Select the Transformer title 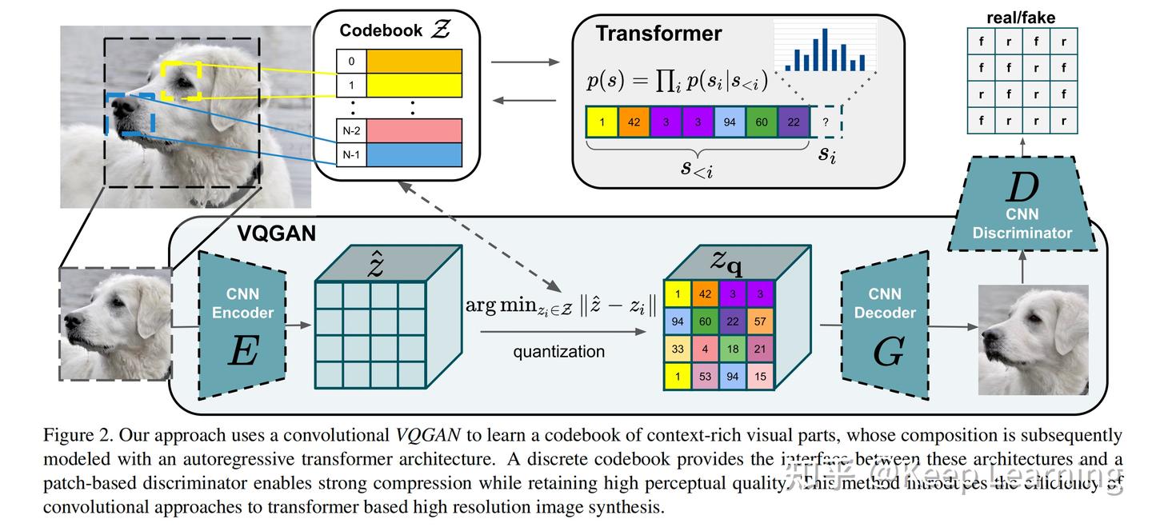pyautogui.click(x=658, y=34)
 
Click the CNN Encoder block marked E pyautogui.click(x=242, y=324)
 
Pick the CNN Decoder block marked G pyautogui.click(x=885, y=324)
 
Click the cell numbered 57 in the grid pyautogui.click(x=759, y=321)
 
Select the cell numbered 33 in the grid pyautogui.click(x=678, y=349)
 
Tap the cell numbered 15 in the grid pyautogui.click(x=759, y=376)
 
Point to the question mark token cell pyautogui.click(x=826, y=122)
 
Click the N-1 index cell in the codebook pyautogui.click(x=350, y=155)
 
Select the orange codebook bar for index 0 pyautogui.click(x=414, y=61)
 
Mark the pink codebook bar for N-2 pyautogui.click(x=414, y=130)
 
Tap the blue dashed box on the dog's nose pyautogui.click(x=130, y=114)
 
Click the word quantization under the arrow pyautogui.click(x=558, y=352)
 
